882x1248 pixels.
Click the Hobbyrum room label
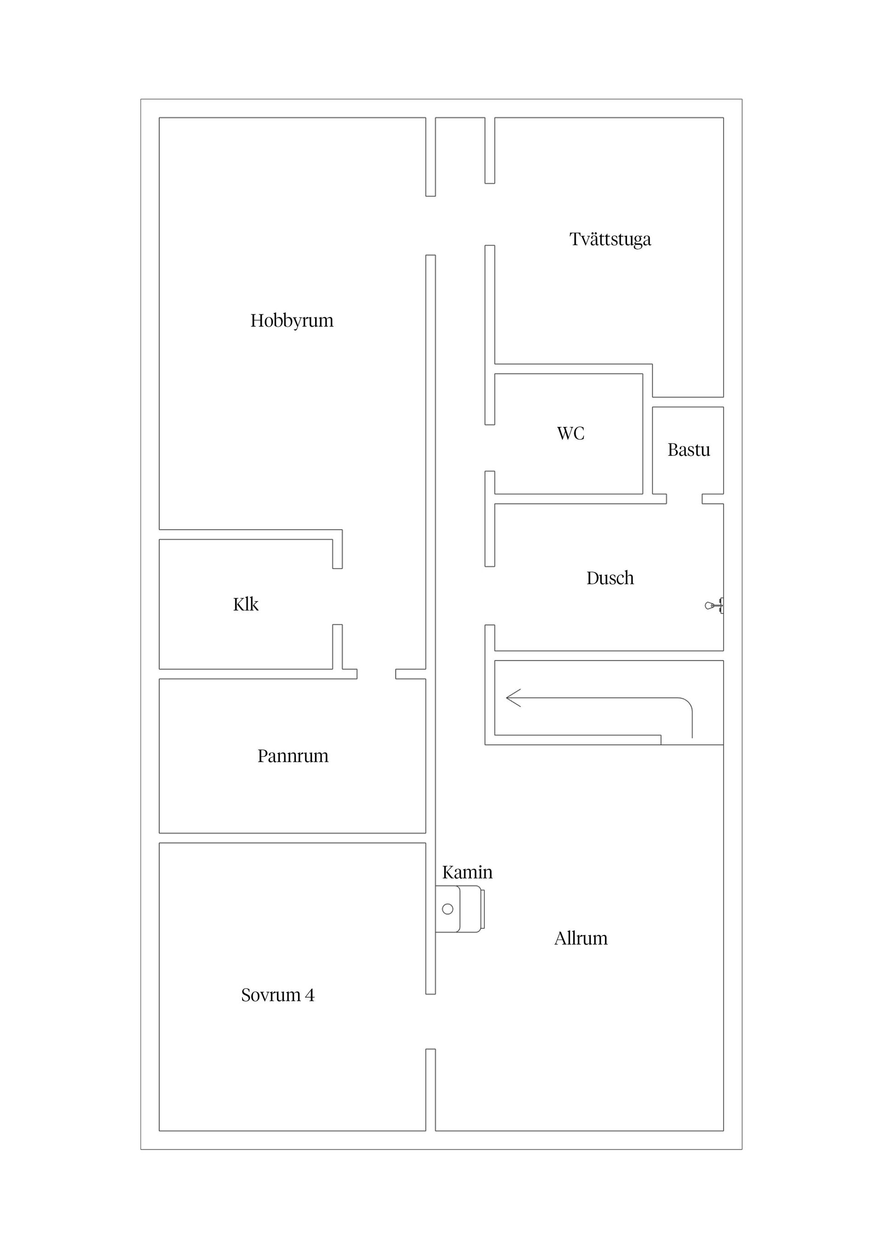tap(292, 321)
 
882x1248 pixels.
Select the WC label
tap(571, 434)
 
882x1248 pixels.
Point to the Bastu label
tap(689, 450)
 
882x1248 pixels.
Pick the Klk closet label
tap(246, 604)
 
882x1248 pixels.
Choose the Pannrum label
tap(293, 756)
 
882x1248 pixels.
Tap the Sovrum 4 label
tap(278, 995)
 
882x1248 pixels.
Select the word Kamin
tap(467, 873)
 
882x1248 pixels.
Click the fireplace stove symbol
tap(460, 909)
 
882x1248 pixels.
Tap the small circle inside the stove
tap(448, 909)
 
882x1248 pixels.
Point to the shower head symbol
tap(714, 605)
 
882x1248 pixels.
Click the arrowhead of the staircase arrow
tap(513, 698)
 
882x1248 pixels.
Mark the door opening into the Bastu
tap(684, 499)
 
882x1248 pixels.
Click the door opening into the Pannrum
tap(376, 674)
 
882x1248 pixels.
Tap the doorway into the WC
tap(490, 448)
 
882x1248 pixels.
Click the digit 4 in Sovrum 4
tap(310, 995)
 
